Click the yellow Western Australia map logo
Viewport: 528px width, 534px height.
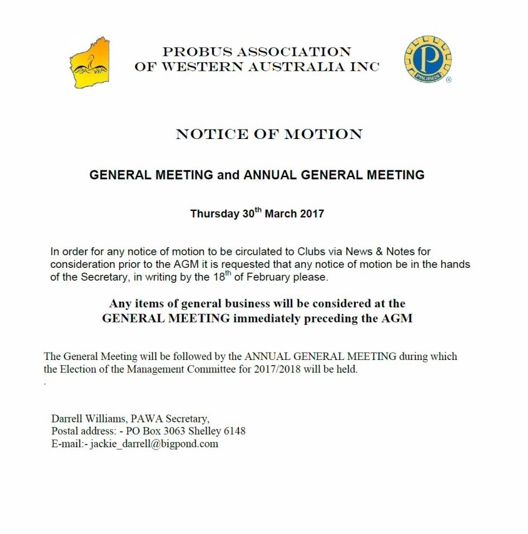coord(89,63)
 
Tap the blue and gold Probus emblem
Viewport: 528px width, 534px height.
coord(428,59)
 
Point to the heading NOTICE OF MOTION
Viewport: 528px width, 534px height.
coord(269,134)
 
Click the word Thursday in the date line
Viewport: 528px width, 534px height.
coord(214,214)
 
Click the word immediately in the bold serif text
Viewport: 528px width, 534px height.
coord(267,318)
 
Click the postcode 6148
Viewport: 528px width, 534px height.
coord(233,431)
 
